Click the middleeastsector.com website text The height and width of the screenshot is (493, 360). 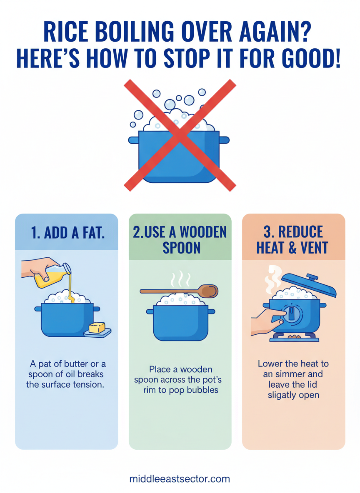coord(180,479)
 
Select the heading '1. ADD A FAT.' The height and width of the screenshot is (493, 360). coord(67,233)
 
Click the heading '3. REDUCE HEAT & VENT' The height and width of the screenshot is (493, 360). coord(292,239)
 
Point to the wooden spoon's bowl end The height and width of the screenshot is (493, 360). coord(209,291)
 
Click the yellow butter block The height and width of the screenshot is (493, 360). coord(97,328)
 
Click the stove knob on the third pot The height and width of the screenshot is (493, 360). coord(292,314)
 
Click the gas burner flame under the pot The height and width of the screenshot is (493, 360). coord(294,337)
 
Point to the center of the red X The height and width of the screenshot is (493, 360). coord(180,135)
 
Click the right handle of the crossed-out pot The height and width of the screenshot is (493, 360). coord(224,140)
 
